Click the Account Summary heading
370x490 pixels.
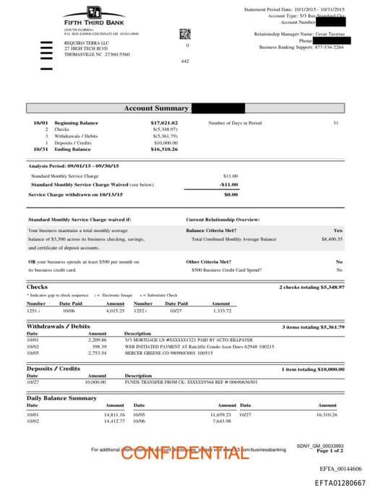pos(157,108)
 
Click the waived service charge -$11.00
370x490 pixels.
pos(229,184)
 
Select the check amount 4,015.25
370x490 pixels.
pos(116,311)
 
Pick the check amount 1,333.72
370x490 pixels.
pos(221,311)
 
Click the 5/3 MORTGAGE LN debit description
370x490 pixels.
pos(189,339)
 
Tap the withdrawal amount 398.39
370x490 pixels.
pos(98,346)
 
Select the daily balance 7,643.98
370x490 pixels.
pos(221,421)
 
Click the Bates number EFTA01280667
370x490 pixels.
pos(340,482)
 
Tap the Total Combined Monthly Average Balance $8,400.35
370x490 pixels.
pos(332,238)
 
